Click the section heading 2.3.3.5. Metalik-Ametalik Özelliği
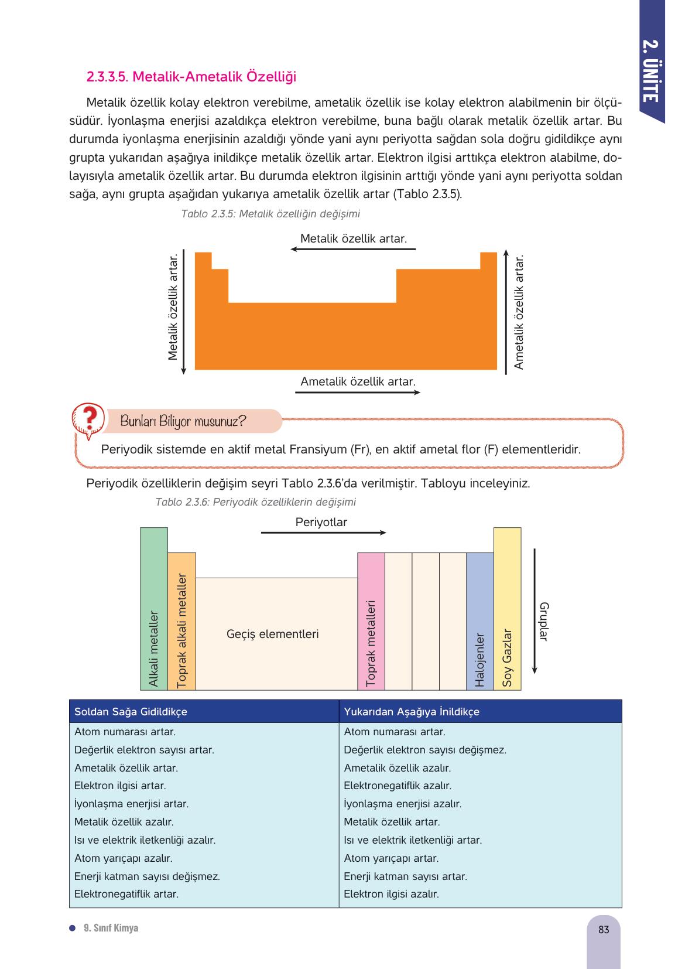coord(191,77)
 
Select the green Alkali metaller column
coord(154,609)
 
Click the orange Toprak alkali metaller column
coord(181,621)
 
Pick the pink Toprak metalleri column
coord(371,621)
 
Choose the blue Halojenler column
coord(480,621)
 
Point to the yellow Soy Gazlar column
coord(507,609)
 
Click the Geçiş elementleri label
coord(273,634)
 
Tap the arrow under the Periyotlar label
coord(323,533)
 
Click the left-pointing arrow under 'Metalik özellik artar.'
coord(353,250)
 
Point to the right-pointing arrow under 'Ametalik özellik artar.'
coord(358,392)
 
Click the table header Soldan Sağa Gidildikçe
coord(131,711)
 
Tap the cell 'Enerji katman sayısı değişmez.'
coord(147,876)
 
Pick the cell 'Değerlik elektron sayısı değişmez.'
coord(425,750)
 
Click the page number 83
coord(604,930)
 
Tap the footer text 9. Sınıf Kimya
coord(111,928)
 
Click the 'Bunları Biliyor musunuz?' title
coord(183,421)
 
